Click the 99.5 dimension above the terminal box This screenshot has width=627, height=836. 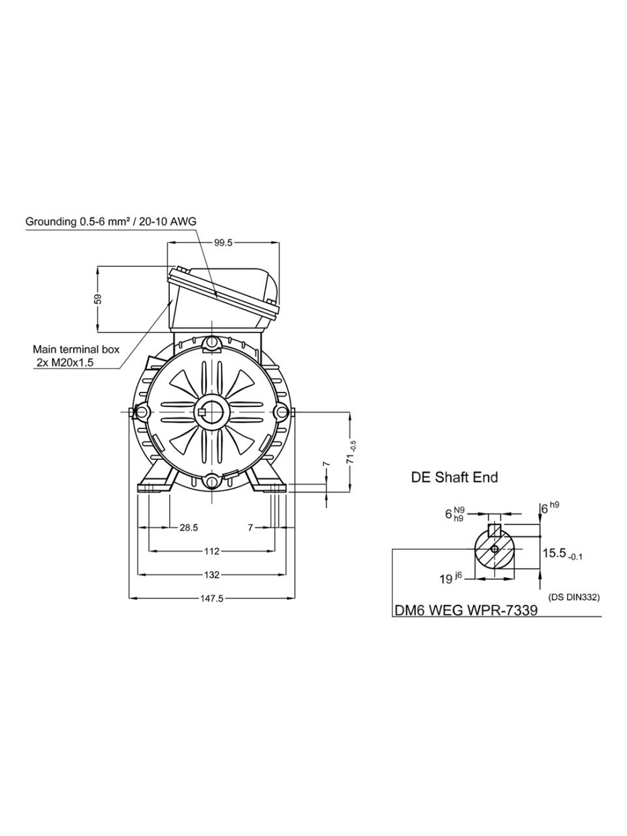pos(223,243)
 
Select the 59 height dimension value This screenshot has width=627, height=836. pos(98,298)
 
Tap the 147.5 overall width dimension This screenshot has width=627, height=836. pos(212,598)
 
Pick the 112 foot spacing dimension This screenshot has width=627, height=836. pos(212,551)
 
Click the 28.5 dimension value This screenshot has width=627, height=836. pos(189,528)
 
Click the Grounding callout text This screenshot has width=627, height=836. pos(111,221)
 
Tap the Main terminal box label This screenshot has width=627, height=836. pos(76,349)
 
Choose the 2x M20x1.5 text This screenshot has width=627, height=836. pos(65,362)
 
